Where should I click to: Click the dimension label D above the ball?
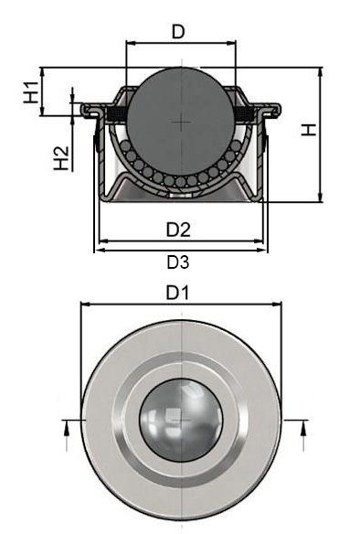coord(179,33)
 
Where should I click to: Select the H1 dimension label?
coord(30,91)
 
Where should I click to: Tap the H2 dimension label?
coord(61,157)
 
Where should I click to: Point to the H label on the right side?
coord(311,130)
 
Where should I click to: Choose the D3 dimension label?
coord(178,263)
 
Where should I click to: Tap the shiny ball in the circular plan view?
coord(181,420)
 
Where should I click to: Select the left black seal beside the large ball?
coord(117,112)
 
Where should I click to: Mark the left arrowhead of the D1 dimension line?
coord(85,307)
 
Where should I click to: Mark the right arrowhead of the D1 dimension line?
coord(278,307)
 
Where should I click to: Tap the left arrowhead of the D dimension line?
coord(129,43)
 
